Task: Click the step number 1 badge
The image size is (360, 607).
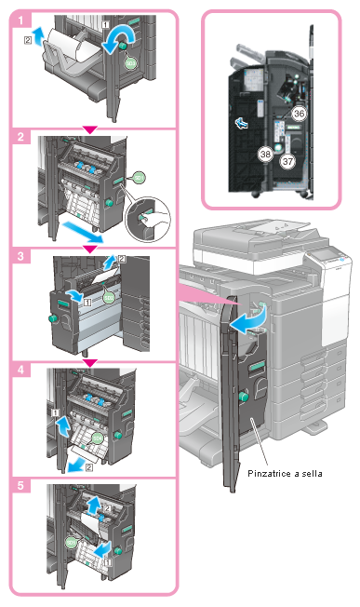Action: (20, 20)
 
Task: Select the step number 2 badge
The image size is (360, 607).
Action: (20, 136)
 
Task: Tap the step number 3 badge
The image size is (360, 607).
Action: (20, 256)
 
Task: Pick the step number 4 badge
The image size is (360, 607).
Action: (20, 370)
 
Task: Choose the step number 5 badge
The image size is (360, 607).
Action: (20, 485)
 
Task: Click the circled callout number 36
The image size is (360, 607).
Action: (299, 114)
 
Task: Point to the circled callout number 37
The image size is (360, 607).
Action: (287, 161)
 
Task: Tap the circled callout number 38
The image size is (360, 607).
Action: (265, 154)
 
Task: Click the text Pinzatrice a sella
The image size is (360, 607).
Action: (285, 473)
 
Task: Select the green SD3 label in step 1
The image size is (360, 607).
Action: (131, 62)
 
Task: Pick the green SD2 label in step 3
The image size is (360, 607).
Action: (109, 297)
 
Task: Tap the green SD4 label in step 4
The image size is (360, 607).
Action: (98, 438)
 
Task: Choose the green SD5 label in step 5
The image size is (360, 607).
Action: (71, 543)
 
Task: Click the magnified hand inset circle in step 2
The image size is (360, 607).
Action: (147, 220)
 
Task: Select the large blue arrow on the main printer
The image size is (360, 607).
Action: (247, 318)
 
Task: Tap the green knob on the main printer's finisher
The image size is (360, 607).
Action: (244, 397)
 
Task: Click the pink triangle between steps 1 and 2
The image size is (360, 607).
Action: (90, 129)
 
